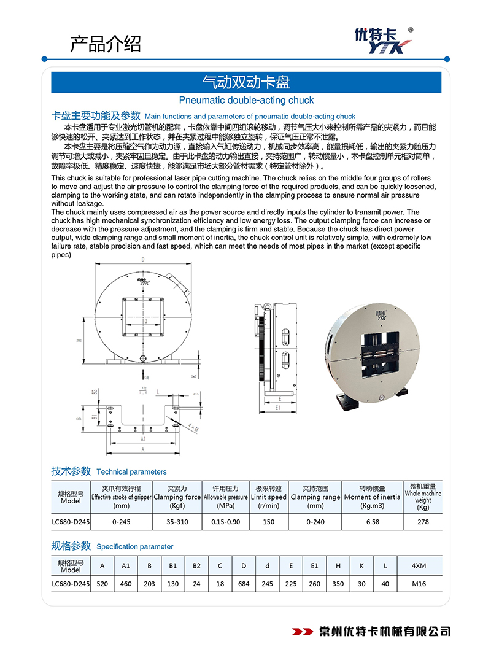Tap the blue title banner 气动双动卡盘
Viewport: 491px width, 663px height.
[246, 82]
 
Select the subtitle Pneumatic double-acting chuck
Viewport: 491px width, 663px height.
[246, 100]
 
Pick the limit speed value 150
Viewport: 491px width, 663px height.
[269, 522]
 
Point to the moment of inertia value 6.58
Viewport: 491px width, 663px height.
[372, 522]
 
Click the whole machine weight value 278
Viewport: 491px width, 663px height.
[423, 522]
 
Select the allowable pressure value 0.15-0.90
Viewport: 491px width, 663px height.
[225, 522]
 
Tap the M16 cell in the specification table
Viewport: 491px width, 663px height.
[420, 584]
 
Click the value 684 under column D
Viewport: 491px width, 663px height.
[244, 584]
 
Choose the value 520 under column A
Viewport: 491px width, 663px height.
[102, 584]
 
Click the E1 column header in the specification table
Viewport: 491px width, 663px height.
[315, 566]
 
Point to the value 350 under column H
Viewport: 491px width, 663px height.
[338, 584]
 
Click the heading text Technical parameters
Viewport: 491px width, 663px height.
[131, 472]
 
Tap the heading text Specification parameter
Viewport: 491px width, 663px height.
[135, 546]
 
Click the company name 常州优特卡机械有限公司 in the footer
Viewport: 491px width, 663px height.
[385, 631]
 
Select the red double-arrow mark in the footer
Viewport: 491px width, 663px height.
[303, 631]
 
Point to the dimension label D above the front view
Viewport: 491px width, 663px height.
[142, 260]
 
